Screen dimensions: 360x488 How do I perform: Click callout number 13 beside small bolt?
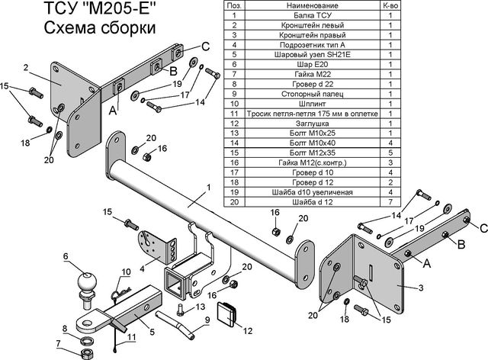coord(201,307)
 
